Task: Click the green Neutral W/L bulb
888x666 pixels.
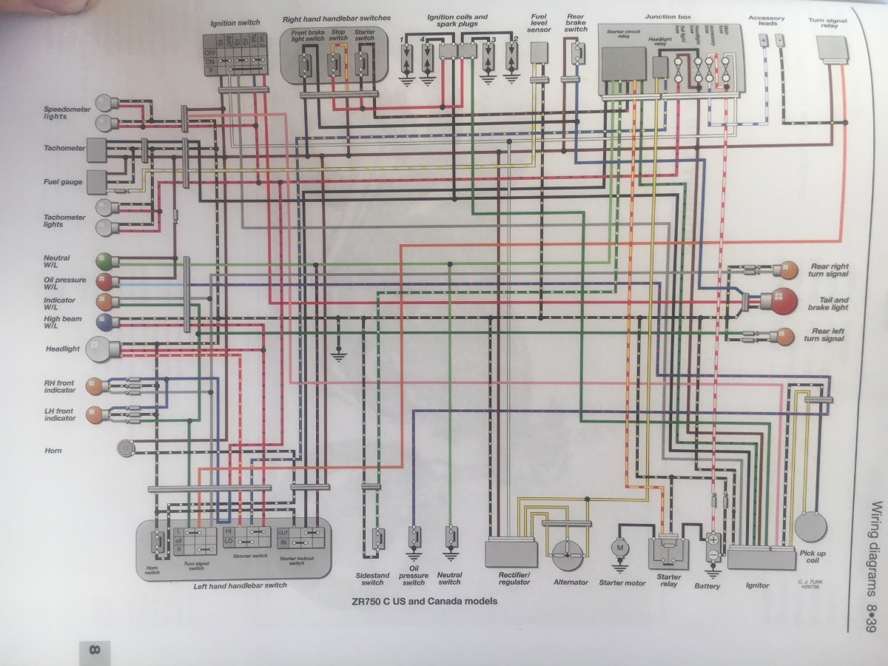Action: click(x=104, y=261)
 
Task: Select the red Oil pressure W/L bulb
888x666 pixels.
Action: click(x=104, y=281)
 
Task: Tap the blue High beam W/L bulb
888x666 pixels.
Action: click(x=104, y=321)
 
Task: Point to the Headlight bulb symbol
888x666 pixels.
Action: click(x=99, y=349)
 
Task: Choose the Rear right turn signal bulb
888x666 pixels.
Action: click(x=787, y=270)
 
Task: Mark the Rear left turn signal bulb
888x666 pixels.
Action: click(x=787, y=335)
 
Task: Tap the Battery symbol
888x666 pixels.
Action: click(x=713, y=547)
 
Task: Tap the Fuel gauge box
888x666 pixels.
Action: click(x=95, y=180)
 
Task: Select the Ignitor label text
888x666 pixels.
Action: click(x=757, y=585)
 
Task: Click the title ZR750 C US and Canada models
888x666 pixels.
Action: click(x=425, y=601)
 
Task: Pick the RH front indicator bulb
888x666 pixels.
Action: click(x=94, y=385)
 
